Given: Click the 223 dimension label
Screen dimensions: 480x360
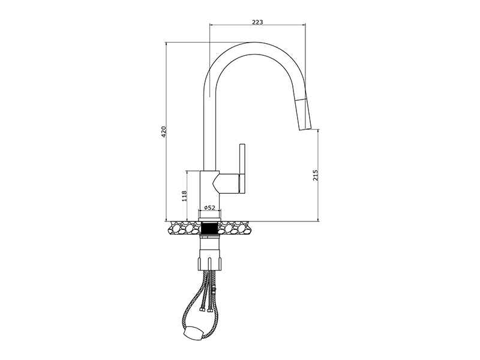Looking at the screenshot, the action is [x=257, y=22].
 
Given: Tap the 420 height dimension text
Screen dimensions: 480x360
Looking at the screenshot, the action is [x=164, y=131].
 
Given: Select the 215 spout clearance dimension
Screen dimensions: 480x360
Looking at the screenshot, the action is [x=316, y=175].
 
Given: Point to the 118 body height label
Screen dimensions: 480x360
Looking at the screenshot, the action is [x=184, y=196].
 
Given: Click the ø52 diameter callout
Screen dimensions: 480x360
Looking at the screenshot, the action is [x=209, y=208].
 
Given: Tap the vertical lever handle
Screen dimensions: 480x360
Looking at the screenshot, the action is [x=242, y=169].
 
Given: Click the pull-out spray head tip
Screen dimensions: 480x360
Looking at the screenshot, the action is [x=305, y=129].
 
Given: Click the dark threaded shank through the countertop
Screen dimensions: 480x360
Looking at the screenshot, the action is [x=209, y=228].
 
